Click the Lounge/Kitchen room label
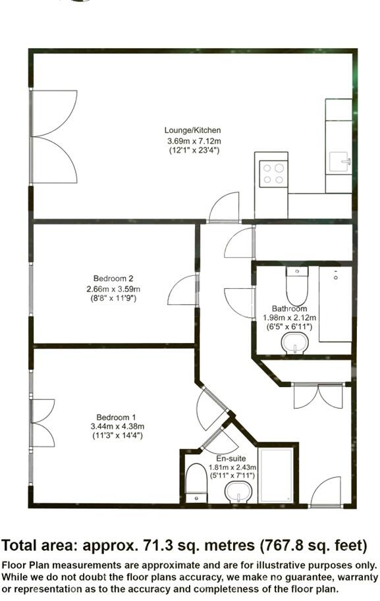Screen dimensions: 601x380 193,130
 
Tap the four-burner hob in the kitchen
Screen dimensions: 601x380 273,174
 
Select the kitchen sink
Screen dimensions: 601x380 340,160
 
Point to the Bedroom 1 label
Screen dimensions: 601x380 116,417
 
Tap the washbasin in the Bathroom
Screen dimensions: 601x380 294,342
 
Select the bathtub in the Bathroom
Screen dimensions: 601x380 335,303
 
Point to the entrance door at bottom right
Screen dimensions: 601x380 326,493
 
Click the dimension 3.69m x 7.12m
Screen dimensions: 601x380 193,141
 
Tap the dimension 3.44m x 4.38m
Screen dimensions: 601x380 116,427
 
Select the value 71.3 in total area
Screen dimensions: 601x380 160,545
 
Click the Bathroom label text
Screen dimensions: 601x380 289,309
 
